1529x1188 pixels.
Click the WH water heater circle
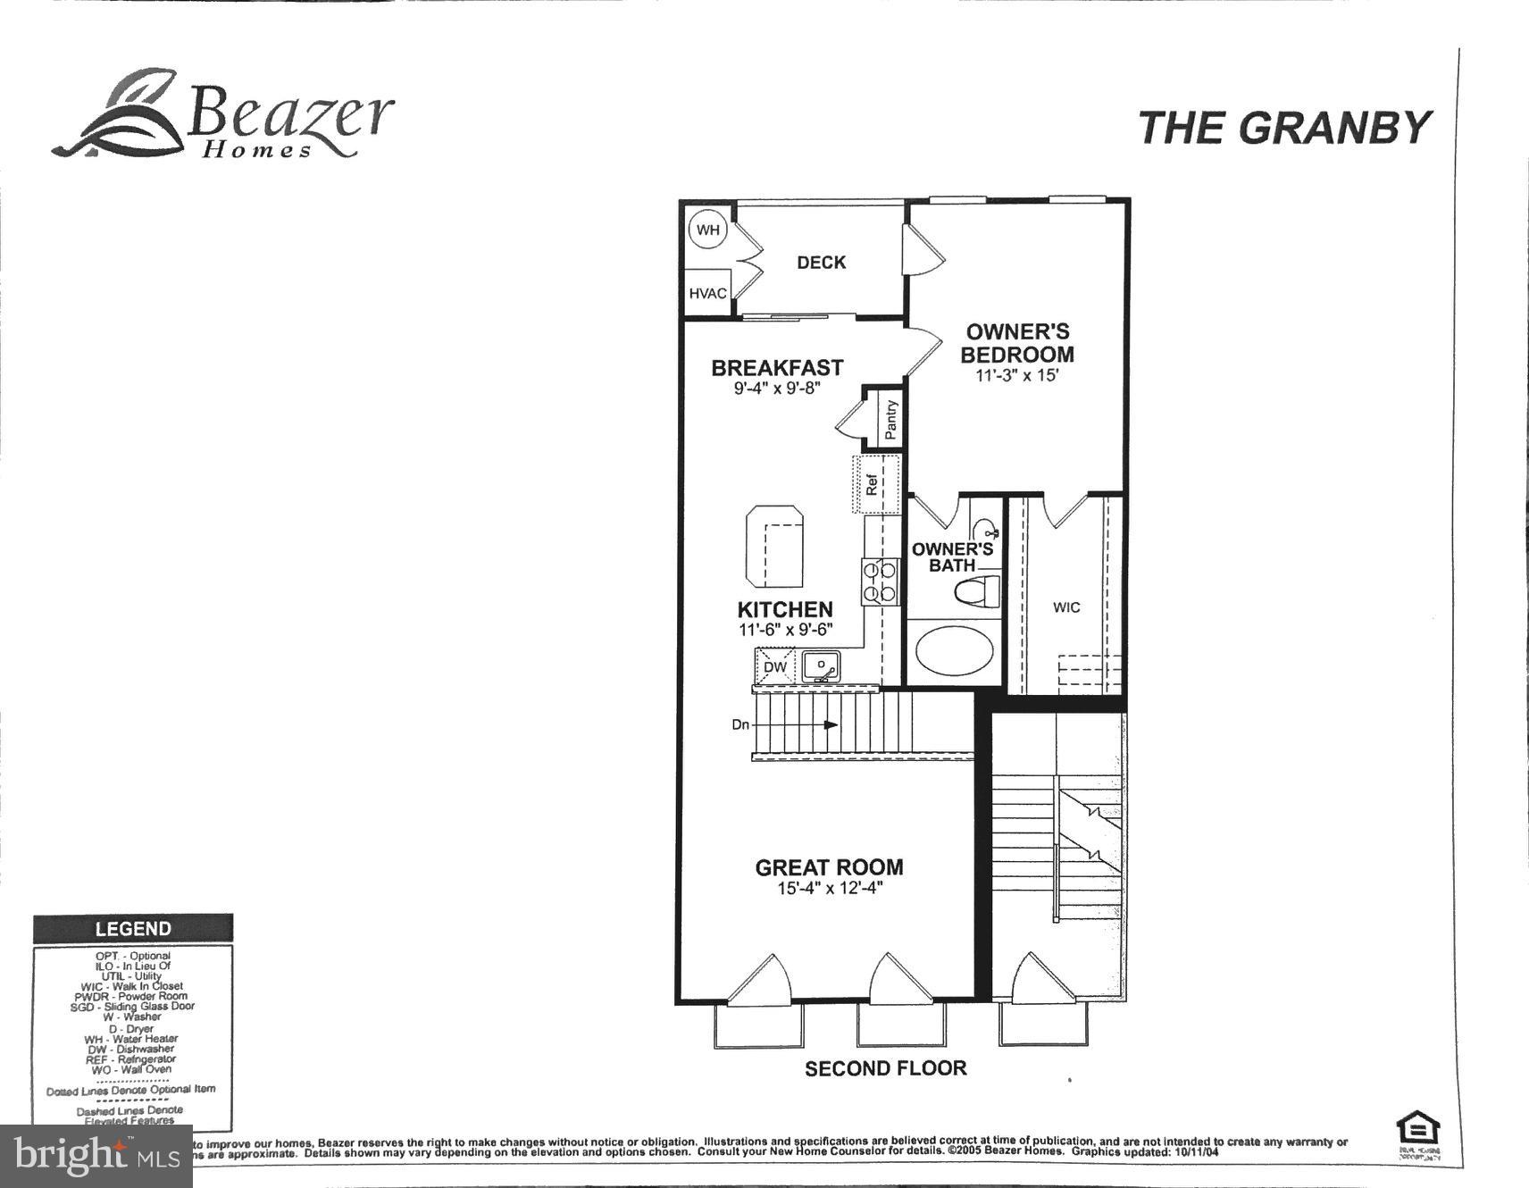tap(707, 230)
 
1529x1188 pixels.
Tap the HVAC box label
tap(707, 293)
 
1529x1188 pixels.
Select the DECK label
tap(821, 263)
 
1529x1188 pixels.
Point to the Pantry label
tap(890, 418)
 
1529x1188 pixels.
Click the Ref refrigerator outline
tap(876, 484)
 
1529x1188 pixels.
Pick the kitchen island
tap(774, 544)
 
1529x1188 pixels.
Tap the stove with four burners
tap(879, 581)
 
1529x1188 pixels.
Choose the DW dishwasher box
tap(775, 666)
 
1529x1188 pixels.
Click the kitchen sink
tap(821, 666)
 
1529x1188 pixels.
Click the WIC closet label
tap(1066, 607)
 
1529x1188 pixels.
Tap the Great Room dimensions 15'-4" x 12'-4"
tap(830, 889)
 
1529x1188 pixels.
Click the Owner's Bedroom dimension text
tap(1016, 376)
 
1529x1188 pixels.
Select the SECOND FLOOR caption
tap(885, 1068)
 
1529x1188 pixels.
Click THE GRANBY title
tap(1283, 128)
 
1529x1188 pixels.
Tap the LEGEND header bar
tap(133, 929)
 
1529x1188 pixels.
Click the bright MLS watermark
tap(96, 1157)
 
